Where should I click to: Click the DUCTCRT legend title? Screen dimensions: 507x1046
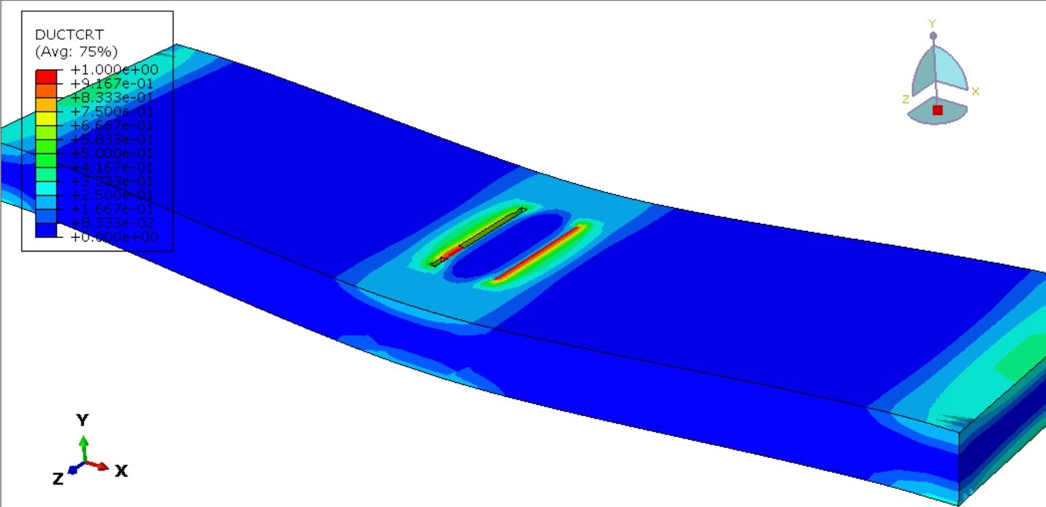coord(69,35)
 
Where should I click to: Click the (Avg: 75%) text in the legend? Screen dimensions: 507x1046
coord(76,51)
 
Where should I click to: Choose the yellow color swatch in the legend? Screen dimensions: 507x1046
coord(46,118)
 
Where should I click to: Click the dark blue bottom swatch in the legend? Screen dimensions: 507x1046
coord(46,230)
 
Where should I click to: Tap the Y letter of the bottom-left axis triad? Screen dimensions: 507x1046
coord(82,420)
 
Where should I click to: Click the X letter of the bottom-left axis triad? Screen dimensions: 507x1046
coord(121,471)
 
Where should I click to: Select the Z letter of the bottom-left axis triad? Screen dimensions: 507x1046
coord(58,478)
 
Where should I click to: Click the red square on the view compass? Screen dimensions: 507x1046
coord(937,110)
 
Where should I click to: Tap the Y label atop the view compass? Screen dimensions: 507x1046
coord(932,24)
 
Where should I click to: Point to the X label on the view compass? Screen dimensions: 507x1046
coord(975,92)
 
